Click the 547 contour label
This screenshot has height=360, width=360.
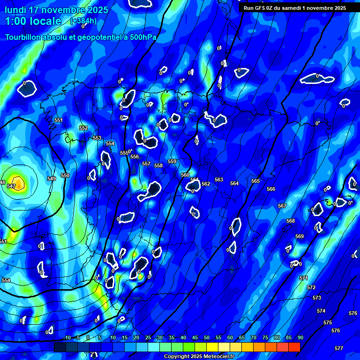[11, 187]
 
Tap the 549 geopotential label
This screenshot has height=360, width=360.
[52, 179]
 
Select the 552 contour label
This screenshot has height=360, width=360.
[83, 128]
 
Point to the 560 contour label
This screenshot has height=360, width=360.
[185, 175]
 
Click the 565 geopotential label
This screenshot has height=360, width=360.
[255, 181]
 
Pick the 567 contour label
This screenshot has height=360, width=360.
[282, 206]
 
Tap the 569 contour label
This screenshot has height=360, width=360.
[300, 236]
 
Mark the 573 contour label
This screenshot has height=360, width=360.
[317, 298]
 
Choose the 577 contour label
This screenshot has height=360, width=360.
[339, 348]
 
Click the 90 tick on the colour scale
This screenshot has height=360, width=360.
[300, 337]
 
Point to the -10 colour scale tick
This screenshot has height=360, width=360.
[67, 337]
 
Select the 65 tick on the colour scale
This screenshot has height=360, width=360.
[242, 337]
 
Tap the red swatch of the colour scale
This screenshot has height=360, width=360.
[294, 347]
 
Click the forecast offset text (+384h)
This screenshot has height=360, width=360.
[83, 21]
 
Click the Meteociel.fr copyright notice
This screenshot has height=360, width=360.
[199, 357]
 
